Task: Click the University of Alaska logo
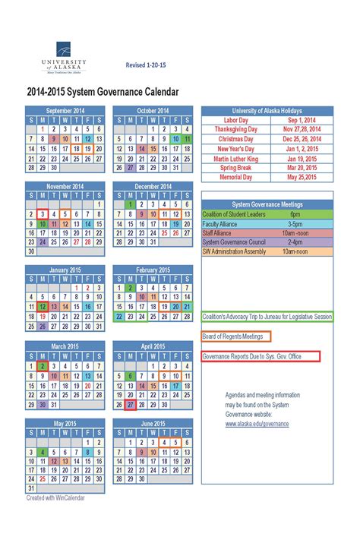coord(64,58)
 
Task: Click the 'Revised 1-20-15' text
coord(145,65)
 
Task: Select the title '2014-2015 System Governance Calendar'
coord(103,92)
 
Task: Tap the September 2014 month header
coord(65,110)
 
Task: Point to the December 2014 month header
coord(153,186)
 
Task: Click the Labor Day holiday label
coord(235,120)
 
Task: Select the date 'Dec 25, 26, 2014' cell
coord(302,139)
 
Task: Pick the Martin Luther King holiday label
coord(235,159)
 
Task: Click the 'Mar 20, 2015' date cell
coord(302,168)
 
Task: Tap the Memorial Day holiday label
coord(235,178)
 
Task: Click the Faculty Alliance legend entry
coord(221,223)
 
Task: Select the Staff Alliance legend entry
coord(217,232)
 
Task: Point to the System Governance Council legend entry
coord(233,242)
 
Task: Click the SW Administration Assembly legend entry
coord(235,251)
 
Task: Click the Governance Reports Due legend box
coord(261,356)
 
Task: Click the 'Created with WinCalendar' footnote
coord(55,498)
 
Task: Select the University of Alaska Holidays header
coord(267,110)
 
